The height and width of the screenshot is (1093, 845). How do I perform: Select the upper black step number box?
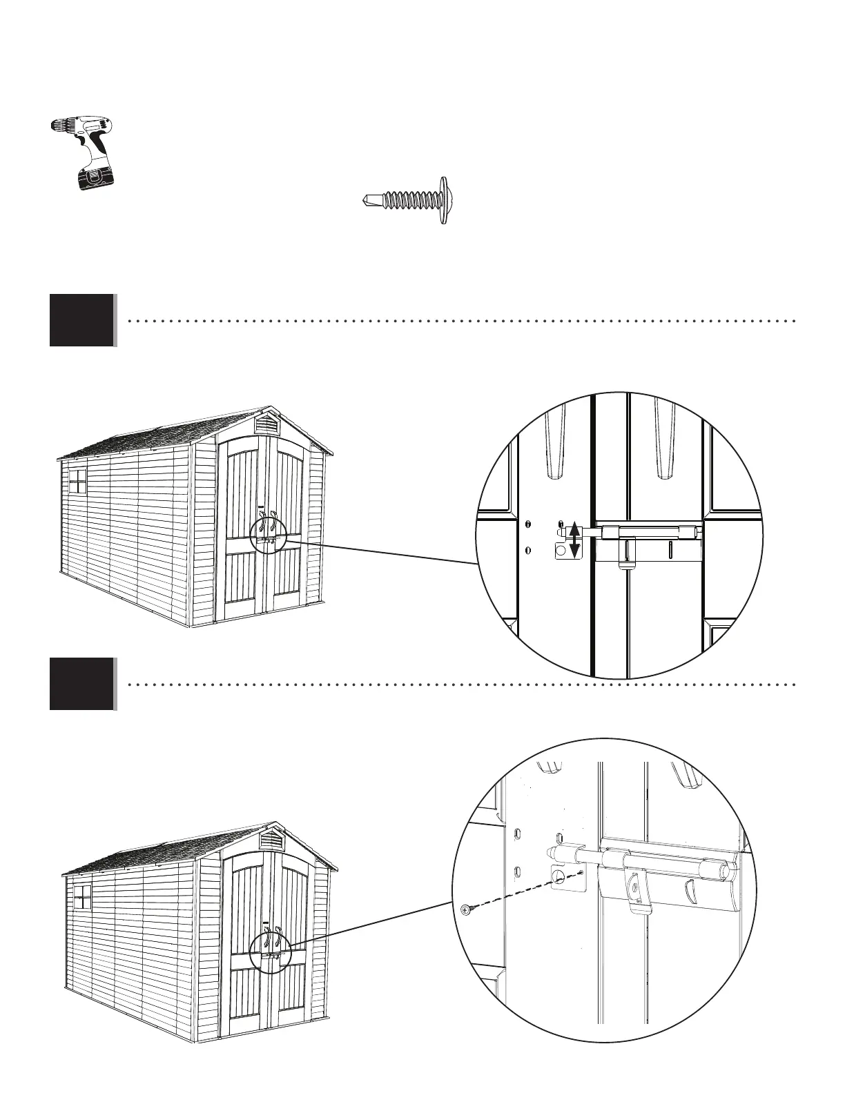81,319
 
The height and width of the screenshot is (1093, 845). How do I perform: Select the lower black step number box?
81,684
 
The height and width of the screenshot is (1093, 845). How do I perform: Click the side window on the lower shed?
82,896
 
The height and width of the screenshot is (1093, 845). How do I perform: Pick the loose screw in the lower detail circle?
465,909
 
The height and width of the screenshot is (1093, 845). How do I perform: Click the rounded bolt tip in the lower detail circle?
552,853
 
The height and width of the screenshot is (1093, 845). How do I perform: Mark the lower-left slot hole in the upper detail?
528,551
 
